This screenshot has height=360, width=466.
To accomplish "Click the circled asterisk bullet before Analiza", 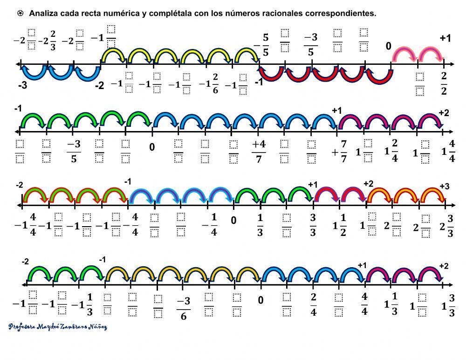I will pyautogui.click(x=21, y=14).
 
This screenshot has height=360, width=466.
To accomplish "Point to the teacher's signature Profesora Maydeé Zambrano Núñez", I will pyautogui.click(x=58, y=327).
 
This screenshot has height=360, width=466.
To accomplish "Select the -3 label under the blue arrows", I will pyautogui.click(x=22, y=86).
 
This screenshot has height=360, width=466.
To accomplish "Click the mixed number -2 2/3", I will pyautogui.click(x=47, y=41).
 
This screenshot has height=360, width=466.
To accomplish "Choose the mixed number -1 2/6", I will pyautogui.click(x=208, y=84).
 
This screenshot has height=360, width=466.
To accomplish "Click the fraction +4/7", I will pyautogui.click(x=259, y=151).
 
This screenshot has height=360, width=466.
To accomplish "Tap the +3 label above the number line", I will pyautogui.click(x=444, y=187).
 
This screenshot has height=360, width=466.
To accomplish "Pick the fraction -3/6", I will pyautogui.click(x=183, y=308).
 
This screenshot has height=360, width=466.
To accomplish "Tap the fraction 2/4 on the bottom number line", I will pyautogui.click(x=314, y=305).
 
